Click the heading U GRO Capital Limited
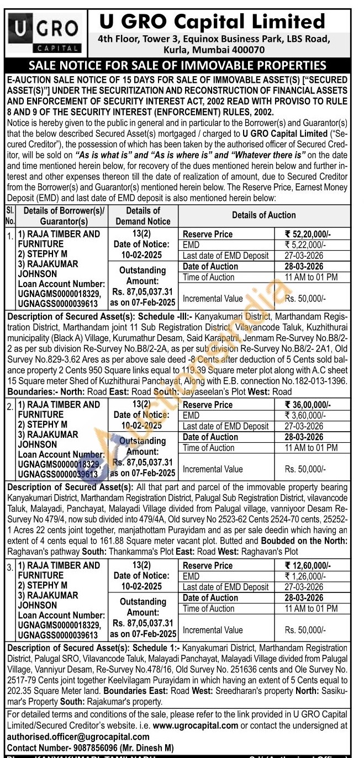pos(212,22)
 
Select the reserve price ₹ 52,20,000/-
pos(308,234)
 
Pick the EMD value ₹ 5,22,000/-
pos(308,245)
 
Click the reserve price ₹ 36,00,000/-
pos(308,405)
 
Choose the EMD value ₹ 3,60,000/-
pos(308,415)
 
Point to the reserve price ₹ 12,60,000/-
pos(308,565)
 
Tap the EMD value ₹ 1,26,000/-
pos(308,576)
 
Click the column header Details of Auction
pos(263,215)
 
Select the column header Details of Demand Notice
pos(143,216)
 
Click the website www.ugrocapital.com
pos(196,725)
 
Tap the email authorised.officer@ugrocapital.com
pos(78,736)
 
